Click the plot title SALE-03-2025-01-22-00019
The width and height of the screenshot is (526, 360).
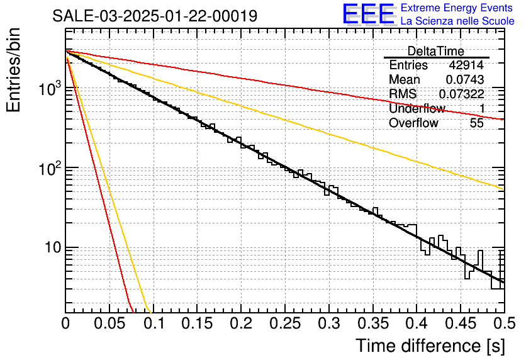[155, 16]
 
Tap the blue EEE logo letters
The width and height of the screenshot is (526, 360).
[369, 14]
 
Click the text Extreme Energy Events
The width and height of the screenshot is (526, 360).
[457, 8]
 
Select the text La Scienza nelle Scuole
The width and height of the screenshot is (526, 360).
[457, 21]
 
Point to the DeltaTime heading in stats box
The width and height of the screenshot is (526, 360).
[436, 51]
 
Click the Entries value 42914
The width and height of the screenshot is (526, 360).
[466, 65]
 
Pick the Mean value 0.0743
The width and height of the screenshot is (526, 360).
[465, 79]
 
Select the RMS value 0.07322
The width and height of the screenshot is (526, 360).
[462, 94]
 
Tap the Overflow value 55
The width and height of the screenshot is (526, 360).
[477, 123]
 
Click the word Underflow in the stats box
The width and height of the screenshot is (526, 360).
[417, 108]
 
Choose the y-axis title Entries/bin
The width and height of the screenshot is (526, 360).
[13, 70]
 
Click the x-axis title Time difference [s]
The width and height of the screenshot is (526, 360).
[430, 346]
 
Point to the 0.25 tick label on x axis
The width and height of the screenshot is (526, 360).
[285, 323]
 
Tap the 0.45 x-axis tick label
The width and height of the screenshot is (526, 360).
[461, 323]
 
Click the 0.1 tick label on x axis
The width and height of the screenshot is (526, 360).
[154, 323]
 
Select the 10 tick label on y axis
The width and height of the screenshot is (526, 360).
[53, 247]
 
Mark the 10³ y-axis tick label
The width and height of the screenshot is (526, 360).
[50, 88]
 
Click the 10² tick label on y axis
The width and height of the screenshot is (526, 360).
[50, 168]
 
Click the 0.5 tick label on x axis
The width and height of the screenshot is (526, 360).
[505, 323]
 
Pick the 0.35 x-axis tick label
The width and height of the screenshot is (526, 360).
[372, 323]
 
